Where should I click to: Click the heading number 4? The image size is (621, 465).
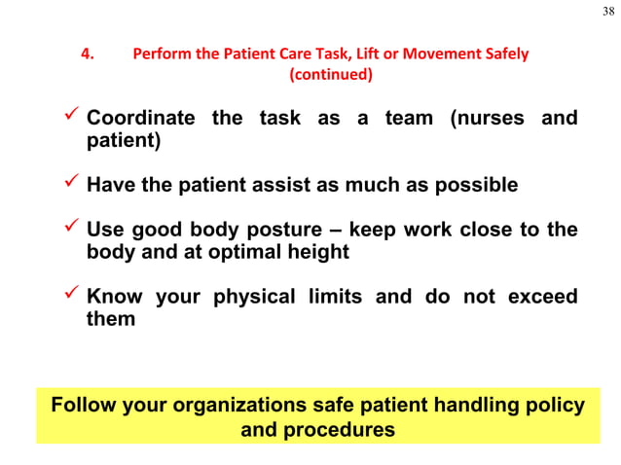[x=87, y=54]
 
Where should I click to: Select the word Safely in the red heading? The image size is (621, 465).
[x=503, y=54]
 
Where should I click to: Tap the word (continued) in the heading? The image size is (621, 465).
[x=331, y=74]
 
